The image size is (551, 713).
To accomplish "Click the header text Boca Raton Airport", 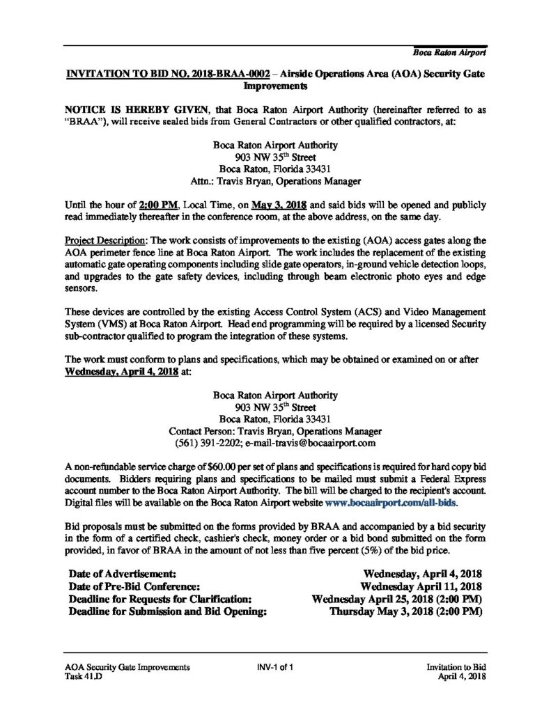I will pos(449,53).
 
